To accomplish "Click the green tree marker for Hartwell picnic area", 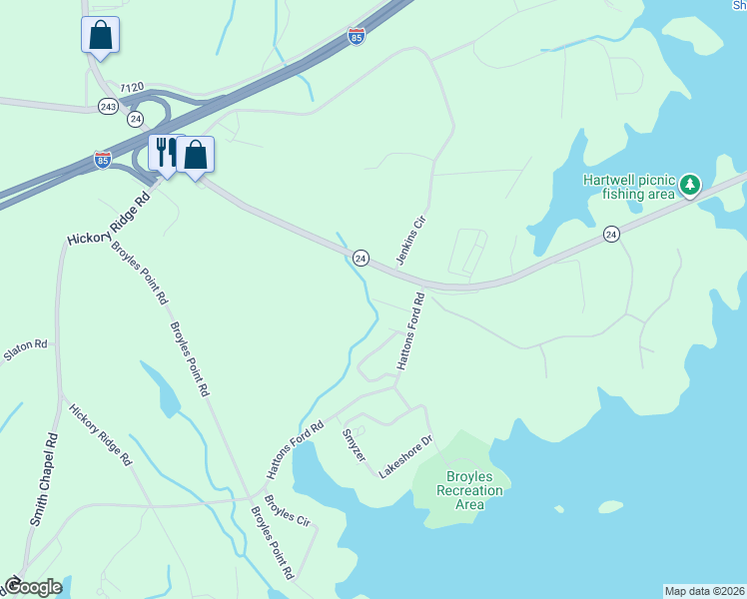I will tap(689, 185).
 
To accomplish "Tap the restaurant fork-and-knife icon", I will tap(165, 154).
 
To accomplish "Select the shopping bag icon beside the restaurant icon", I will tap(196, 155).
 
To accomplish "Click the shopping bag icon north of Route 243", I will tap(100, 35).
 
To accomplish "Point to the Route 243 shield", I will tap(108, 105).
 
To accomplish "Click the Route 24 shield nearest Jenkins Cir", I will tap(362, 258).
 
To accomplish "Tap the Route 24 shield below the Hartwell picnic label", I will tap(611, 234).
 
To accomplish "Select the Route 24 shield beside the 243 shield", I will tap(135, 119).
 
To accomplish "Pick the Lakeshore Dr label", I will tap(404, 456).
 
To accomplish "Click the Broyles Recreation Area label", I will tap(469, 490).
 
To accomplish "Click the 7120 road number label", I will tap(131, 88).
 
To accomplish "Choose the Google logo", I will tap(33, 587).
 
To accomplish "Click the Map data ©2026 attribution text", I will tap(704, 590).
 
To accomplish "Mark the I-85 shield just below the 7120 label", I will tap(102, 160).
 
